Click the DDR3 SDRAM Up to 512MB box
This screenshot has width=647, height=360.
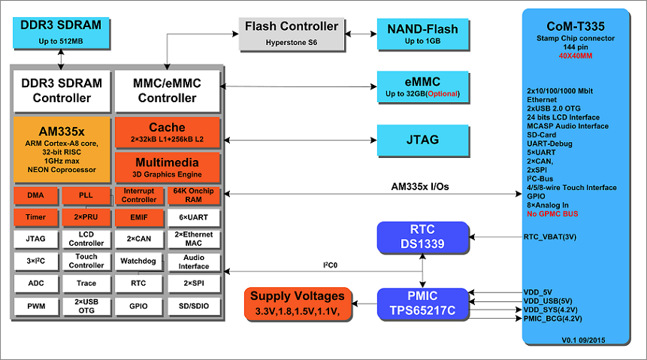pyautogui.click(x=59, y=32)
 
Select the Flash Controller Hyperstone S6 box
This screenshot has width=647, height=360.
pyautogui.click(x=292, y=34)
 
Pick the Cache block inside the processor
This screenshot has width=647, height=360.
pyautogui.click(x=167, y=132)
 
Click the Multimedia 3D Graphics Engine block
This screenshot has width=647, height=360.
pyautogui.click(x=167, y=168)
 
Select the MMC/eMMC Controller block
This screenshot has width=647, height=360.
pyautogui.click(x=167, y=90)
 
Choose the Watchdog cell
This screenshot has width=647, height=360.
pyautogui.click(x=137, y=261)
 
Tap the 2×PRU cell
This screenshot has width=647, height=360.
pyautogui.click(x=86, y=217)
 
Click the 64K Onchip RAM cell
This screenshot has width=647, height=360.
pyautogui.click(x=194, y=195)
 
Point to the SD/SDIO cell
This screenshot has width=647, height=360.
pyautogui.click(x=194, y=307)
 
